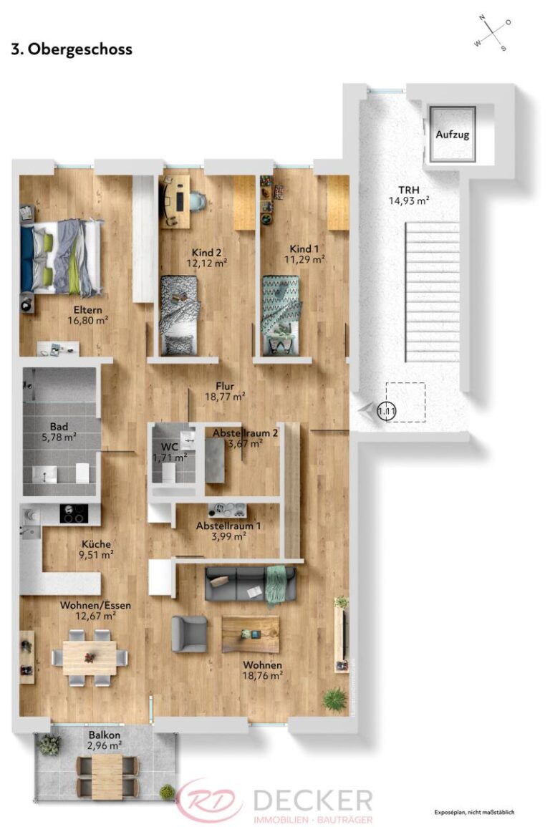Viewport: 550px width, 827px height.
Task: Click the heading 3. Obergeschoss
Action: (72, 49)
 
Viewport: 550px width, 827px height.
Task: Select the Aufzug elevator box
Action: (452, 134)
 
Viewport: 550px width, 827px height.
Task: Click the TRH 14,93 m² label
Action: (408, 195)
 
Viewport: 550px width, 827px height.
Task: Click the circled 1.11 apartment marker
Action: (387, 412)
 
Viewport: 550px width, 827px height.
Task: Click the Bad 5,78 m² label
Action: (59, 431)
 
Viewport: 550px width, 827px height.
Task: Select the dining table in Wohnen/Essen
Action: (90, 657)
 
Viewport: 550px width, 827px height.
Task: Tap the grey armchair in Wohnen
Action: (189, 633)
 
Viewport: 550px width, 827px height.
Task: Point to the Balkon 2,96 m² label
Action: (104, 740)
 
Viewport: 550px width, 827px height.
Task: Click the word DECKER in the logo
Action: (312, 800)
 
